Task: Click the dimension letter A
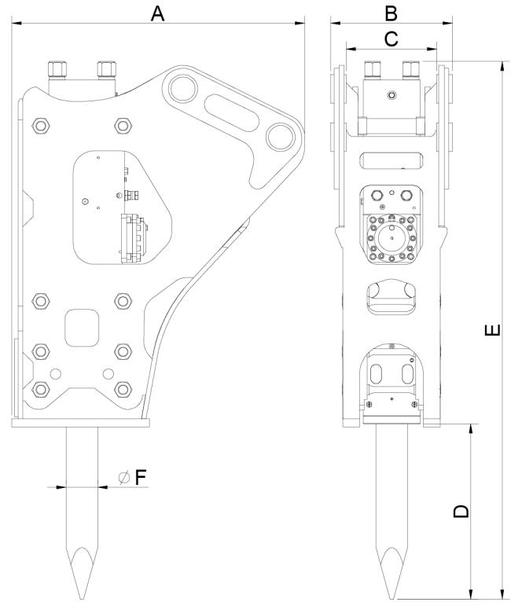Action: point(157,13)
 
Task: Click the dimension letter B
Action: point(391,13)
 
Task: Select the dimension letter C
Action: point(392,39)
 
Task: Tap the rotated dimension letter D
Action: point(461,511)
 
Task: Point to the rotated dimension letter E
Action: point(493,330)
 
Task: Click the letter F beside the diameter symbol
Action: point(141,478)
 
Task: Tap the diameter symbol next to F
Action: point(124,477)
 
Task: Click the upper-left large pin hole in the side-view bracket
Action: point(182,89)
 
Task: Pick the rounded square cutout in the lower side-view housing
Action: point(82,328)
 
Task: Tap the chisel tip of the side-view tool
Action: point(83,598)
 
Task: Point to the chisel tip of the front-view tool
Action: point(392,598)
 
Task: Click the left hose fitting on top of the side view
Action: point(57,69)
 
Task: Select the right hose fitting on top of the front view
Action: point(411,69)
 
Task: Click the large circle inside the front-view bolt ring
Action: point(392,238)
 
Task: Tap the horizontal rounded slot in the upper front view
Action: point(392,160)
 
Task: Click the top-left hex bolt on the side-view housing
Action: point(41,126)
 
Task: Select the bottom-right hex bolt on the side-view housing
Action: point(123,389)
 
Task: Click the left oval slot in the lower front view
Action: point(377,373)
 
